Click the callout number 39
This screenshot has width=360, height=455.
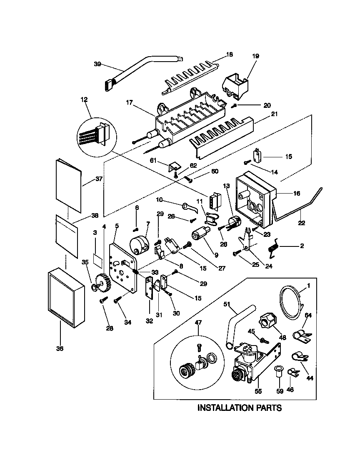coord(97,64)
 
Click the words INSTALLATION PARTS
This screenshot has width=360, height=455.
coord(239,408)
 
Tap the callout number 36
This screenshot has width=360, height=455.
coord(60,349)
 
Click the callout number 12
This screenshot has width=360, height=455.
coord(85,99)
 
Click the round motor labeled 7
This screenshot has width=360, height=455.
coord(140,244)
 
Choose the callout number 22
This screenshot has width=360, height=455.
coord(301,223)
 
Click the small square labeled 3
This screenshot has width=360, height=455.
coord(98,259)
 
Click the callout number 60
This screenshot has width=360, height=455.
coord(215,172)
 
